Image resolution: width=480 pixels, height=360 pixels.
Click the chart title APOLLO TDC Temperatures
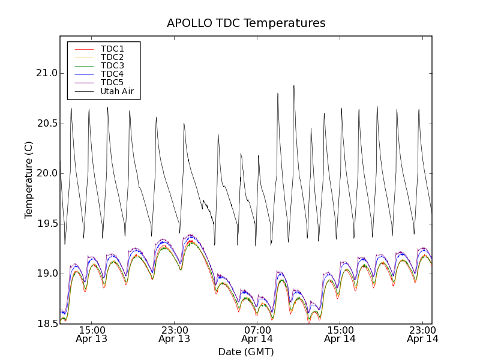pyautogui.click(x=246, y=23)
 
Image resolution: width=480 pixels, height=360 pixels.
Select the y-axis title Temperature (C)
pyautogui.click(x=29, y=180)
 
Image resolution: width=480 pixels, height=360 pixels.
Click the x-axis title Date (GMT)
pyautogui.click(x=246, y=352)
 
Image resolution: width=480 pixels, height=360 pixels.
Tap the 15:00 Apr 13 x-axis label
pyautogui.click(x=92, y=334)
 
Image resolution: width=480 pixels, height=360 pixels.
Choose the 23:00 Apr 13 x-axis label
pyautogui.click(x=175, y=334)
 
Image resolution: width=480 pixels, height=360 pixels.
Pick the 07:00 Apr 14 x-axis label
pyautogui.click(x=257, y=334)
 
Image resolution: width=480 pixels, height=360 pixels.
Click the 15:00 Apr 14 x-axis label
pyautogui.click(x=340, y=334)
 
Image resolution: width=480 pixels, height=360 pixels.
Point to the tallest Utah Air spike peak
pyautogui.click(x=294, y=85)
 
